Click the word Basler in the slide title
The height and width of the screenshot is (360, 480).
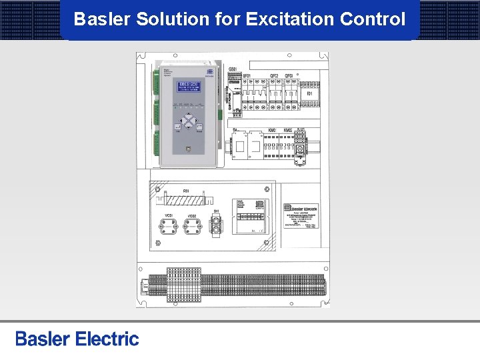[102, 19]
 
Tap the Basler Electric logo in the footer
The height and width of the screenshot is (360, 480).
[77, 339]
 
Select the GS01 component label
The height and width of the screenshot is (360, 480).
[233, 69]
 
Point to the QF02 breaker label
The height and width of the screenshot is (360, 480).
[273, 77]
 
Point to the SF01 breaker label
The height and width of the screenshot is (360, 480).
[246, 77]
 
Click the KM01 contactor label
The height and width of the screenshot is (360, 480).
[272, 131]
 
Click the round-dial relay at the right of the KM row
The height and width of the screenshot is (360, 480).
[301, 144]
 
